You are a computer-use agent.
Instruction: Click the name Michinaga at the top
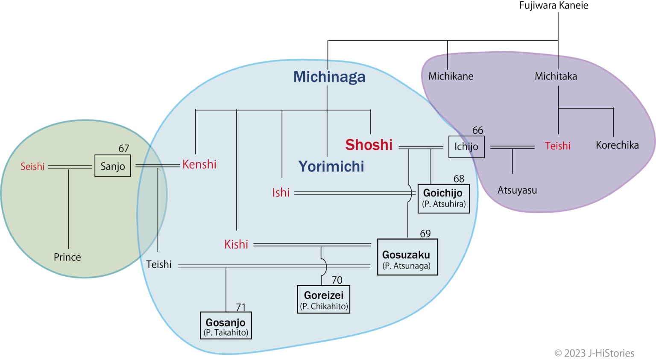pyautogui.click(x=329, y=77)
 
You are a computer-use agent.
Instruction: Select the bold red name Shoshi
pyautogui.click(x=369, y=145)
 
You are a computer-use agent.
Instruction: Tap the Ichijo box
pyautogui.click(x=466, y=147)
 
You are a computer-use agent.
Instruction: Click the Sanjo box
pyautogui.click(x=112, y=166)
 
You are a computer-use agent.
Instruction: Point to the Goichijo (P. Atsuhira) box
pyautogui.click(x=443, y=198)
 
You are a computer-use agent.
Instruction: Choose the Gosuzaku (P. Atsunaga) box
pyautogui.click(x=407, y=258)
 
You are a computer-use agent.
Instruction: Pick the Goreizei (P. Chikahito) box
pyautogui.click(x=323, y=300)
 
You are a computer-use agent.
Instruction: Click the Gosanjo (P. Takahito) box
pyautogui.click(x=225, y=326)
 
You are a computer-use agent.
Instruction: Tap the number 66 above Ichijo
pyautogui.click(x=477, y=130)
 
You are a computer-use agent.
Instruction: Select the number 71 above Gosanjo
pyautogui.click(x=241, y=307)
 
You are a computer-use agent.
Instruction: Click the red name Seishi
pyautogui.click(x=32, y=167)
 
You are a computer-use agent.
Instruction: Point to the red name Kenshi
pyautogui.click(x=199, y=164)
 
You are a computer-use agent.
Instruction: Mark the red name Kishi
pyautogui.click(x=236, y=244)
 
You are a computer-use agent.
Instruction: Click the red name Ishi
pyautogui.click(x=281, y=193)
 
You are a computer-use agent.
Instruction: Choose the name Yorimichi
pyautogui.click(x=331, y=167)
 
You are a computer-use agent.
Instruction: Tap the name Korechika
pyautogui.click(x=617, y=145)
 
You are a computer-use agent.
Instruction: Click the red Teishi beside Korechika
pyautogui.click(x=557, y=146)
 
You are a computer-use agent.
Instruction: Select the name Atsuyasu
pyautogui.click(x=517, y=190)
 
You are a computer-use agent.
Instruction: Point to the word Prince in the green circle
pyautogui.click(x=67, y=257)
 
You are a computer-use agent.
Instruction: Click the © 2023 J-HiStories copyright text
pyautogui.click(x=594, y=353)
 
